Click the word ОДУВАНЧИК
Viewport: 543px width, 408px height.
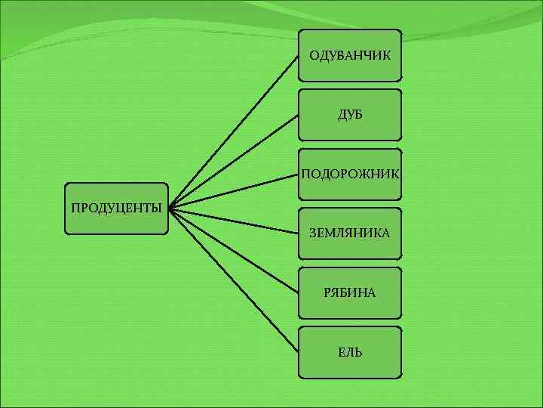click(x=349, y=55)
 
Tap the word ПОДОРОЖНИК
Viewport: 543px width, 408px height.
click(x=349, y=175)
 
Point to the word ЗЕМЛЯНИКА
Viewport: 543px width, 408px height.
click(x=349, y=233)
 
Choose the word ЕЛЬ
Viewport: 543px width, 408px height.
click(x=349, y=352)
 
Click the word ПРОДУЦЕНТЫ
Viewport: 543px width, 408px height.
click(x=116, y=208)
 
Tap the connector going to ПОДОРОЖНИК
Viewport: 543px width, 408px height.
click(x=234, y=191)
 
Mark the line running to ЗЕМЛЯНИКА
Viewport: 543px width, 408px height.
click(x=234, y=221)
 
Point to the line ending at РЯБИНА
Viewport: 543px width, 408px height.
click(x=234, y=251)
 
